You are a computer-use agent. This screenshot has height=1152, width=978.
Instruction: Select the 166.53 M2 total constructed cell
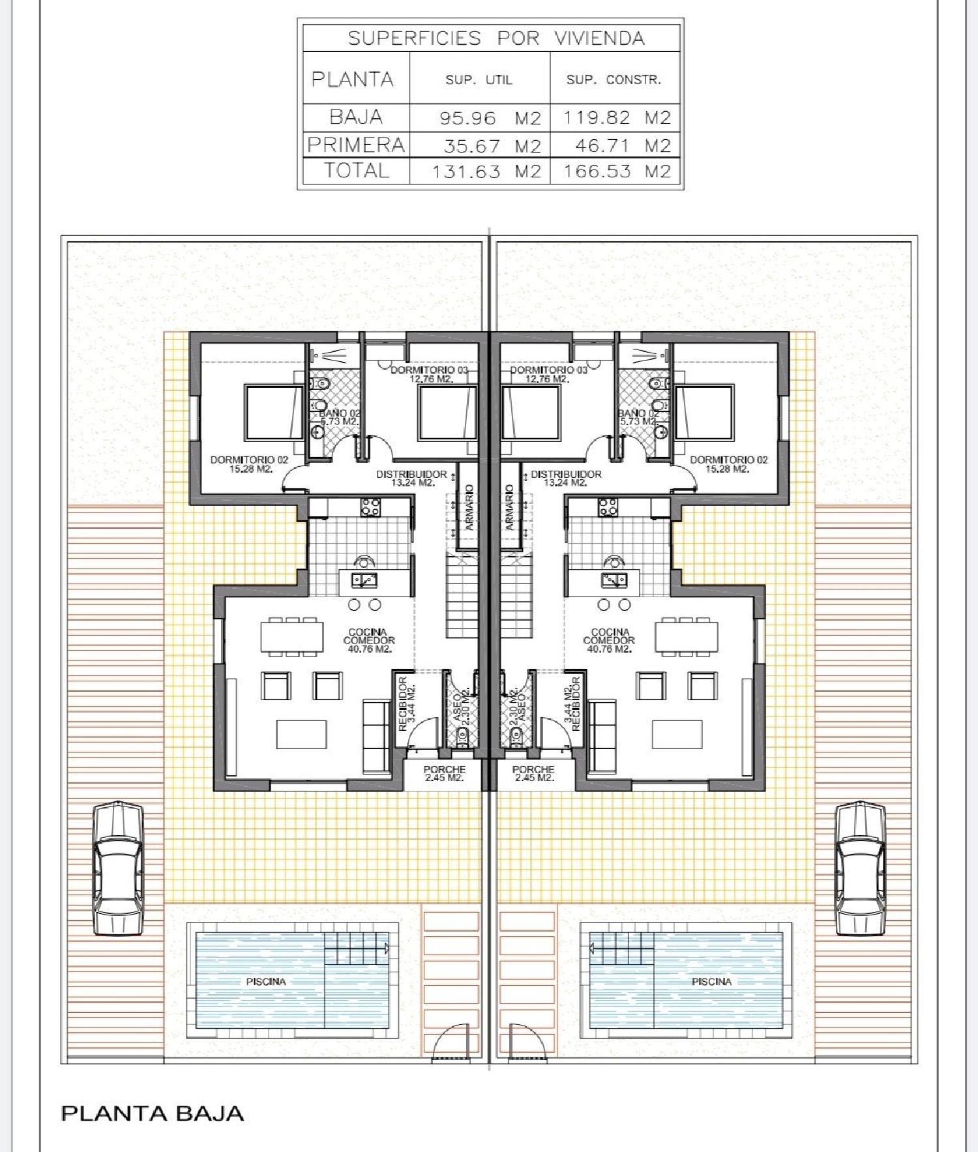pyautogui.click(x=617, y=171)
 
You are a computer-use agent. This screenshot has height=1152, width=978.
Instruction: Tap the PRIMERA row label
pyautogui.click(x=356, y=145)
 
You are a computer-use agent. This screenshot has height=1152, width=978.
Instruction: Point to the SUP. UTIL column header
pyautogui.click(x=479, y=80)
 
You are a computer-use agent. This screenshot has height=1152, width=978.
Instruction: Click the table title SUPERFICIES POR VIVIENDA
pyautogui.click(x=496, y=38)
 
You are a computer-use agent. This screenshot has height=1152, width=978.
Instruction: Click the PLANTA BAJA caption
pyautogui.click(x=153, y=1113)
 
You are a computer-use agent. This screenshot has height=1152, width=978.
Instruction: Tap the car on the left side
pyautogui.click(x=118, y=868)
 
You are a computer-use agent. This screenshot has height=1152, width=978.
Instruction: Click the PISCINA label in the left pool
pyautogui.click(x=266, y=981)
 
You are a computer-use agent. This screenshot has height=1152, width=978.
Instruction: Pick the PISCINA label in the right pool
pyautogui.click(x=711, y=981)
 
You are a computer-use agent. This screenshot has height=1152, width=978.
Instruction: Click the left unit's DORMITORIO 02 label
pyautogui.click(x=249, y=464)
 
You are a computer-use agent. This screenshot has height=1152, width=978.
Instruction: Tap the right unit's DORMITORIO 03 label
pyautogui.click(x=548, y=374)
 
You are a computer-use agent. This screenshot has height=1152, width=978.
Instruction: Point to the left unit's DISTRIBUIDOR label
pyautogui.click(x=412, y=479)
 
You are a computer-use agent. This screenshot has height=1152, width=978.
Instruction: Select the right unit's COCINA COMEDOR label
pyautogui.click(x=609, y=640)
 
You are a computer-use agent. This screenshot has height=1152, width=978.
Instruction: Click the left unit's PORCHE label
pyautogui.click(x=445, y=774)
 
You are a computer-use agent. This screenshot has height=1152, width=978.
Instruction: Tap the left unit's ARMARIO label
pyautogui.click(x=469, y=507)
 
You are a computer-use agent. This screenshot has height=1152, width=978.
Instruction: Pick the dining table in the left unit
pyautogui.click(x=292, y=637)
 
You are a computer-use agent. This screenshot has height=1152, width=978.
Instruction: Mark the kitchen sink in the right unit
pyautogui.click(x=614, y=580)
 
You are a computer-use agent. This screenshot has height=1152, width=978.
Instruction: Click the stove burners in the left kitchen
pyautogui.click(x=371, y=507)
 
